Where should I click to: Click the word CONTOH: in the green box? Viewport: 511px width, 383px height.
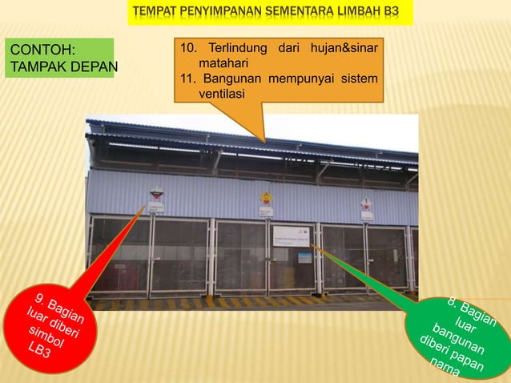[x=41, y=50]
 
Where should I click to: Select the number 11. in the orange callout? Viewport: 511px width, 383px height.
[x=189, y=79]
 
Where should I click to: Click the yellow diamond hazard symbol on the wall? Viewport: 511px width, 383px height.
[x=266, y=197]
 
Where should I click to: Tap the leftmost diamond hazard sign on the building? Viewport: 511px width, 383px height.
[x=157, y=194]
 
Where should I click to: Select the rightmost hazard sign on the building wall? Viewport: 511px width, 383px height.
[x=366, y=204]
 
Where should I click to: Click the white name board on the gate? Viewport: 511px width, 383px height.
[x=294, y=236]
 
